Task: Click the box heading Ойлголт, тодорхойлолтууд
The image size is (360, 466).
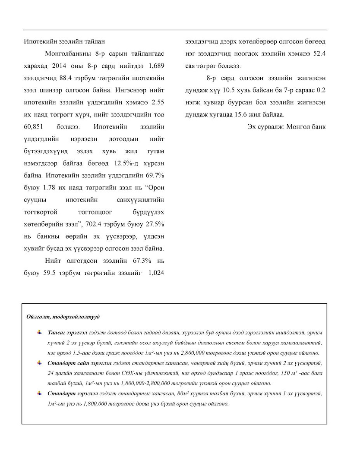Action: pyautogui.click(x=63, y=317)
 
